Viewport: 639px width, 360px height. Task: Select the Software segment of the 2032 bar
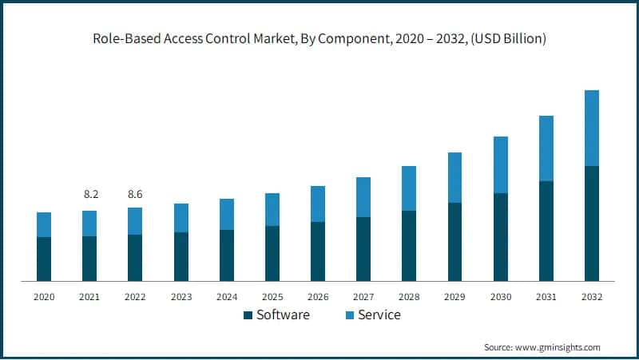point(592,224)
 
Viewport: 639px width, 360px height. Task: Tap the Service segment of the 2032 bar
point(592,128)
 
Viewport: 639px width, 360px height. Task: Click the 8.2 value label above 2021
point(90,194)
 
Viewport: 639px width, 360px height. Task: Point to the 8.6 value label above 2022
point(135,194)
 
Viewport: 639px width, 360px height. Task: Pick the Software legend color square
point(248,315)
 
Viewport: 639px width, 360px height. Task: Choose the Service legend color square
point(349,315)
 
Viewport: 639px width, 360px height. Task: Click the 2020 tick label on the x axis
point(44,296)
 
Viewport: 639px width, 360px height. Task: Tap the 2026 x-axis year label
point(318,296)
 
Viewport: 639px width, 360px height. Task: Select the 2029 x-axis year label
point(454,296)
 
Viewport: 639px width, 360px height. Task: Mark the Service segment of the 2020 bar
point(44,224)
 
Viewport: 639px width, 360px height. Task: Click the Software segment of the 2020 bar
point(44,259)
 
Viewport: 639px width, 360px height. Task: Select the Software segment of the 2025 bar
point(272,253)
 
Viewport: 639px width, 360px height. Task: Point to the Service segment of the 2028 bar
point(409,188)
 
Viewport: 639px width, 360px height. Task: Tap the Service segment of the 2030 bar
point(501,164)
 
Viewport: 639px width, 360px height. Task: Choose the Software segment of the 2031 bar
point(546,231)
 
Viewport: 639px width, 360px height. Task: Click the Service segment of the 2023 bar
point(181,218)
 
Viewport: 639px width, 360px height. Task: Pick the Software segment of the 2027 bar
point(363,248)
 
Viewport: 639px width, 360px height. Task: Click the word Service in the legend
point(379,315)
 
